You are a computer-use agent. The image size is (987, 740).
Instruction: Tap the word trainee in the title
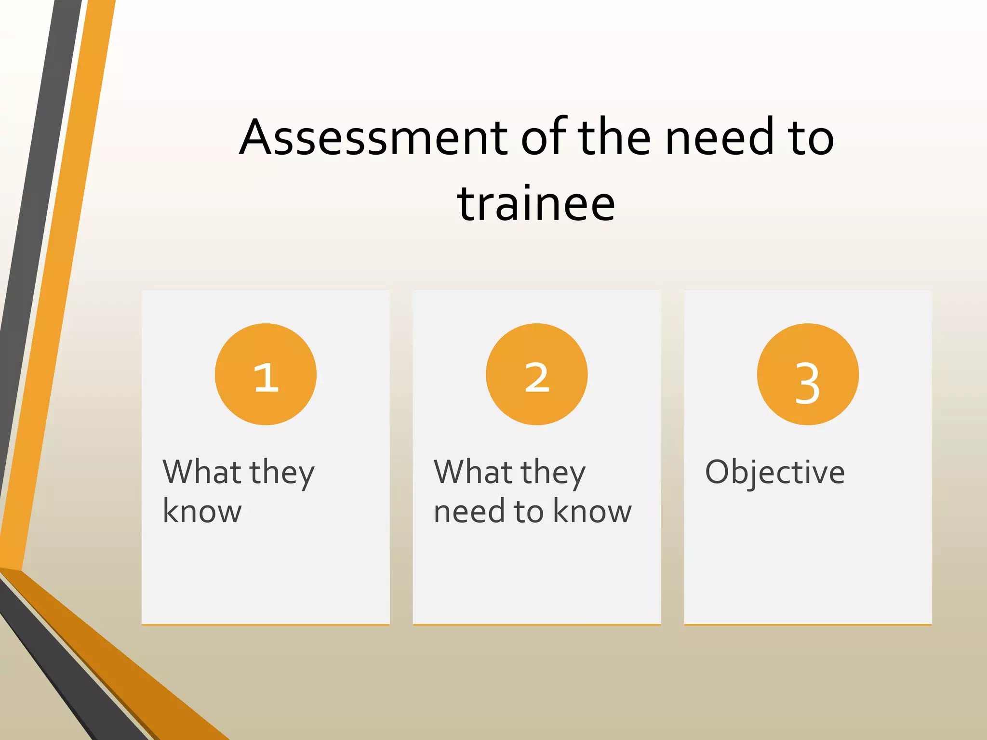[x=536, y=204]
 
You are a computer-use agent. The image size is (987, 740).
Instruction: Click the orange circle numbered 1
[x=266, y=374]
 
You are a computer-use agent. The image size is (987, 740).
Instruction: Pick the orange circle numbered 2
[x=536, y=374]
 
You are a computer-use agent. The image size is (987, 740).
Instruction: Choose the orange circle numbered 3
[x=808, y=374]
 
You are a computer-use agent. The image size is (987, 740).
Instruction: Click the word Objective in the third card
[x=774, y=473]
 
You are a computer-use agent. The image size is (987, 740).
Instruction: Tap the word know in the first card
[x=202, y=512]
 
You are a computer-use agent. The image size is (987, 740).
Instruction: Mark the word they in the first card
[x=282, y=473]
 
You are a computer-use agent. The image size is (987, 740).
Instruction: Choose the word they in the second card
[x=553, y=473]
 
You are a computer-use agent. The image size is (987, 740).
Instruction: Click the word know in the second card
[x=592, y=512]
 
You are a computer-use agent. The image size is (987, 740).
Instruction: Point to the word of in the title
[x=545, y=138]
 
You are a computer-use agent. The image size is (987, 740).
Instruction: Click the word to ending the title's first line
[x=812, y=138]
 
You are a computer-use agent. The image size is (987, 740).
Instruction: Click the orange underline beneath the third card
[x=808, y=624]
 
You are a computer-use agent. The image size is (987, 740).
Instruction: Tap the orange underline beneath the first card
[x=266, y=624]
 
